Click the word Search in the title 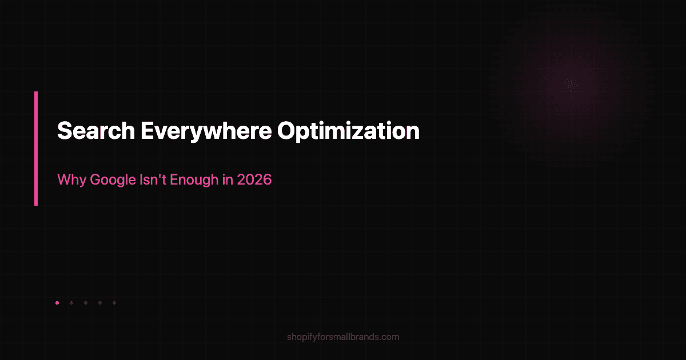[95, 131]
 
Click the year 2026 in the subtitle [256, 180]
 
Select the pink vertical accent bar [36, 148]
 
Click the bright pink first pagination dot [57, 303]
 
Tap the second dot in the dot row [71, 303]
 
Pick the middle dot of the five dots [85, 303]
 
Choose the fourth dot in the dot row [99, 303]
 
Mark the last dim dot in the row [114, 303]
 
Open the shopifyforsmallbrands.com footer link [343, 337]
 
